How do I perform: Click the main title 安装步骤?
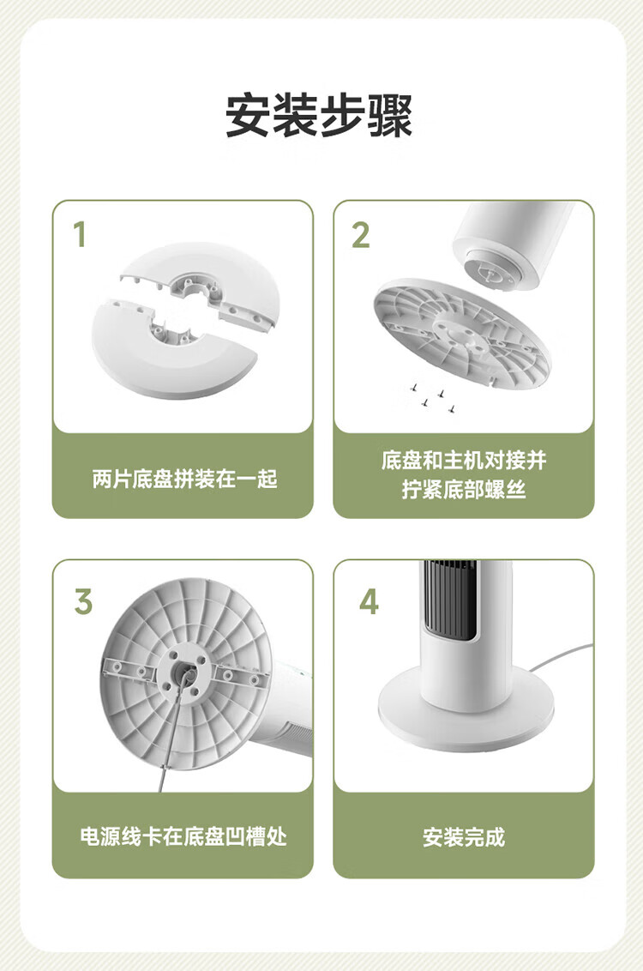[x=319, y=116]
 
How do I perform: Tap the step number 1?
[x=79, y=235]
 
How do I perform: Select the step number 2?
[x=361, y=235]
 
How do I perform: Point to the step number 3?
[x=83, y=601]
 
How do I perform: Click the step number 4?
[x=369, y=601]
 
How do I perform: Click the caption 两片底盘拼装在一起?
[x=184, y=479]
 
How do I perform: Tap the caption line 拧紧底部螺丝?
[x=464, y=489]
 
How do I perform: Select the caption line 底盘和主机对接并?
[x=464, y=461]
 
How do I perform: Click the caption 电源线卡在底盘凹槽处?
[x=183, y=836]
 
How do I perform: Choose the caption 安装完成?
[x=464, y=837]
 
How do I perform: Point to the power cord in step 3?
[x=172, y=732]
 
